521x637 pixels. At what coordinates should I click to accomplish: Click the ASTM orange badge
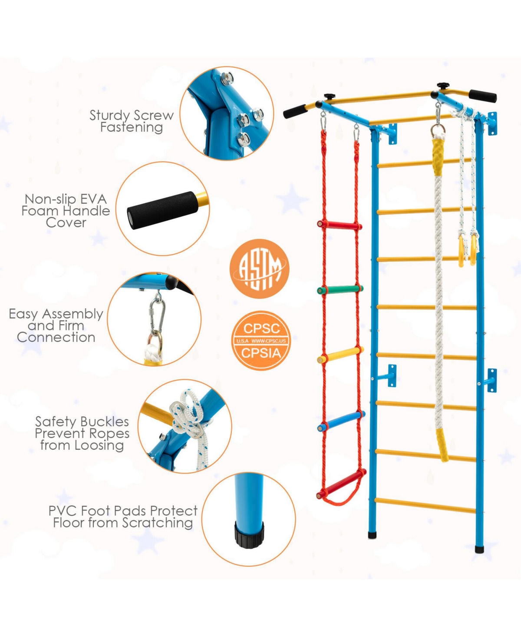point(259,269)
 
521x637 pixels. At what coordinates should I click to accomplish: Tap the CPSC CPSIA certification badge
point(260,340)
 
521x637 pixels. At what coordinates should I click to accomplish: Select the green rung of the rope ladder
point(340,289)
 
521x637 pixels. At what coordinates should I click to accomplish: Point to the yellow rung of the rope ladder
point(340,355)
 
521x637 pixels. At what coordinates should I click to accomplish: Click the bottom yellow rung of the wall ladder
point(425,505)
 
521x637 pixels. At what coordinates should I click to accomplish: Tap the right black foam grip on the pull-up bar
point(483,96)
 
